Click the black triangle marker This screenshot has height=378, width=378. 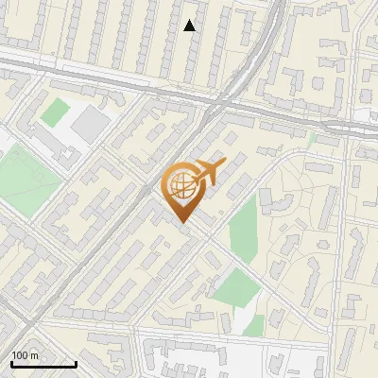coord(190,26)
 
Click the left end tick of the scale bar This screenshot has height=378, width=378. coord(11,363)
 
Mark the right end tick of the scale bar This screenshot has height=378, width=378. coord(76,363)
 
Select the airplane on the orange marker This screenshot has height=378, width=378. coord(209,173)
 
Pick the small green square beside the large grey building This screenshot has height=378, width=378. coord(56,112)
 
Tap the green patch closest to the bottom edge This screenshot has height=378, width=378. coord(253,326)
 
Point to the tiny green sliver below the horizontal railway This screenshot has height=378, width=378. coord(312,138)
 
